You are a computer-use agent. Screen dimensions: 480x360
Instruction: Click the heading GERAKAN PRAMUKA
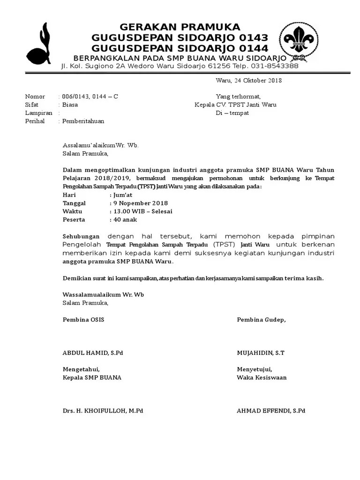coord(180,27)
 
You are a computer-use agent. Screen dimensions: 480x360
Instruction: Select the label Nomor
coord(35,97)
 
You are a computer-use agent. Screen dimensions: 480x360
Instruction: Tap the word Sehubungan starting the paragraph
coord(81,236)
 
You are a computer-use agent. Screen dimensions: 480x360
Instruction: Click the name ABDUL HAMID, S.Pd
coord(93,352)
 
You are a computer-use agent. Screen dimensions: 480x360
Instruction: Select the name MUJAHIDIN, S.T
coord(261,352)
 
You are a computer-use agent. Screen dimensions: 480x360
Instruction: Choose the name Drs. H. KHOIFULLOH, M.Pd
coord(103,411)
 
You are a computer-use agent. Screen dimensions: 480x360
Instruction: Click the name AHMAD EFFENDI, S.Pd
coord(271,411)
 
